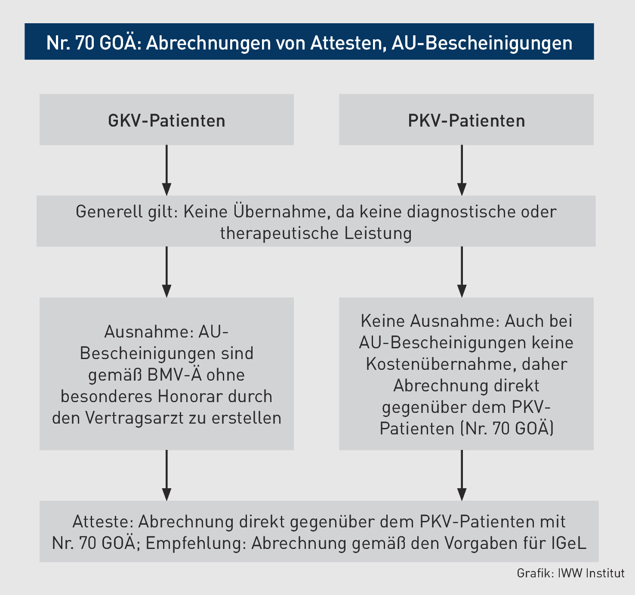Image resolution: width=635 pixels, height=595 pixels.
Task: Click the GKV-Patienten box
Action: coord(166,120)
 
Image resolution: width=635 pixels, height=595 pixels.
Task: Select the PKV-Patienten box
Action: coord(466,120)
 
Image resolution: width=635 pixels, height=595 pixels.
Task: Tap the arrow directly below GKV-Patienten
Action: coord(166,170)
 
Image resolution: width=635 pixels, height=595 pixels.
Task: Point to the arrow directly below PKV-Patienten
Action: coord(462,170)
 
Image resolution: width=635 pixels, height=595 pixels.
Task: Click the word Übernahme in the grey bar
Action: coord(281,212)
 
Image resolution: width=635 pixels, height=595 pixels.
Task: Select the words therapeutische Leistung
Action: coord(316,233)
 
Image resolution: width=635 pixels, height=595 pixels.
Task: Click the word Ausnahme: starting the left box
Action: coord(148,332)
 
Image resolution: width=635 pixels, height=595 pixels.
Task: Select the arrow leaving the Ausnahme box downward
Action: coord(166,475)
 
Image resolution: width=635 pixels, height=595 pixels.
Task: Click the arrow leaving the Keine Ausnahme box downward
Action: coord(462,475)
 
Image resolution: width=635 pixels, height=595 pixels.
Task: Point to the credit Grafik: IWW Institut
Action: coord(570,573)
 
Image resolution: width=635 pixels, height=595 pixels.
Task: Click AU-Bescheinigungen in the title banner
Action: coord(482,43)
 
